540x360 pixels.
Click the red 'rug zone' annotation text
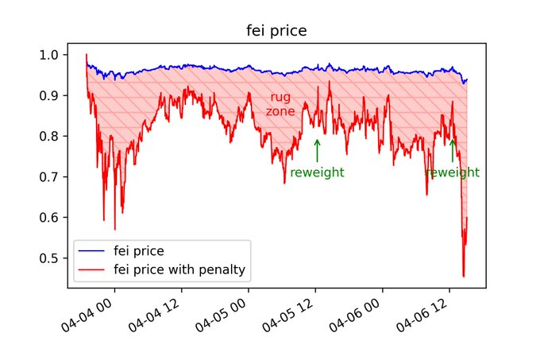point(280,104)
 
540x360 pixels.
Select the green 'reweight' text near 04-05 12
point(317,172)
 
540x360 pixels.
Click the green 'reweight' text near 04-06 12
point(452,172)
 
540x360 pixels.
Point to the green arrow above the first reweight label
point(317,150)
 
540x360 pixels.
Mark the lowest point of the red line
point(463,276)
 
